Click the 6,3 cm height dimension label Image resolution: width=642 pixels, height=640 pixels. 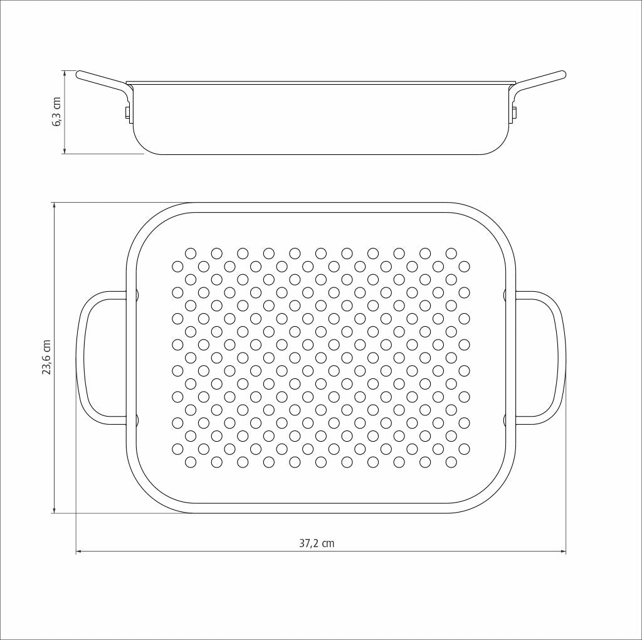pyautogui.click(x=57, y=112)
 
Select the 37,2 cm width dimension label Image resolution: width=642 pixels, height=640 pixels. pyautogui.click(x=317, y=543)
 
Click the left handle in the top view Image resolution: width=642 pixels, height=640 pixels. pyautogui.click(x=80, y=358)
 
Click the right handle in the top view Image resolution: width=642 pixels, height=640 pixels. pyautogui.click(x=561, y=358)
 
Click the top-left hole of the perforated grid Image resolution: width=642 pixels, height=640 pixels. pyautogui.click(x=191, y=253)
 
